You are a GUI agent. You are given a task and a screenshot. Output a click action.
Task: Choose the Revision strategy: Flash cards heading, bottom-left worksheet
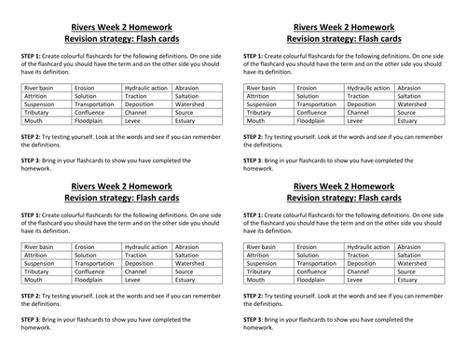pos(120,197)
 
